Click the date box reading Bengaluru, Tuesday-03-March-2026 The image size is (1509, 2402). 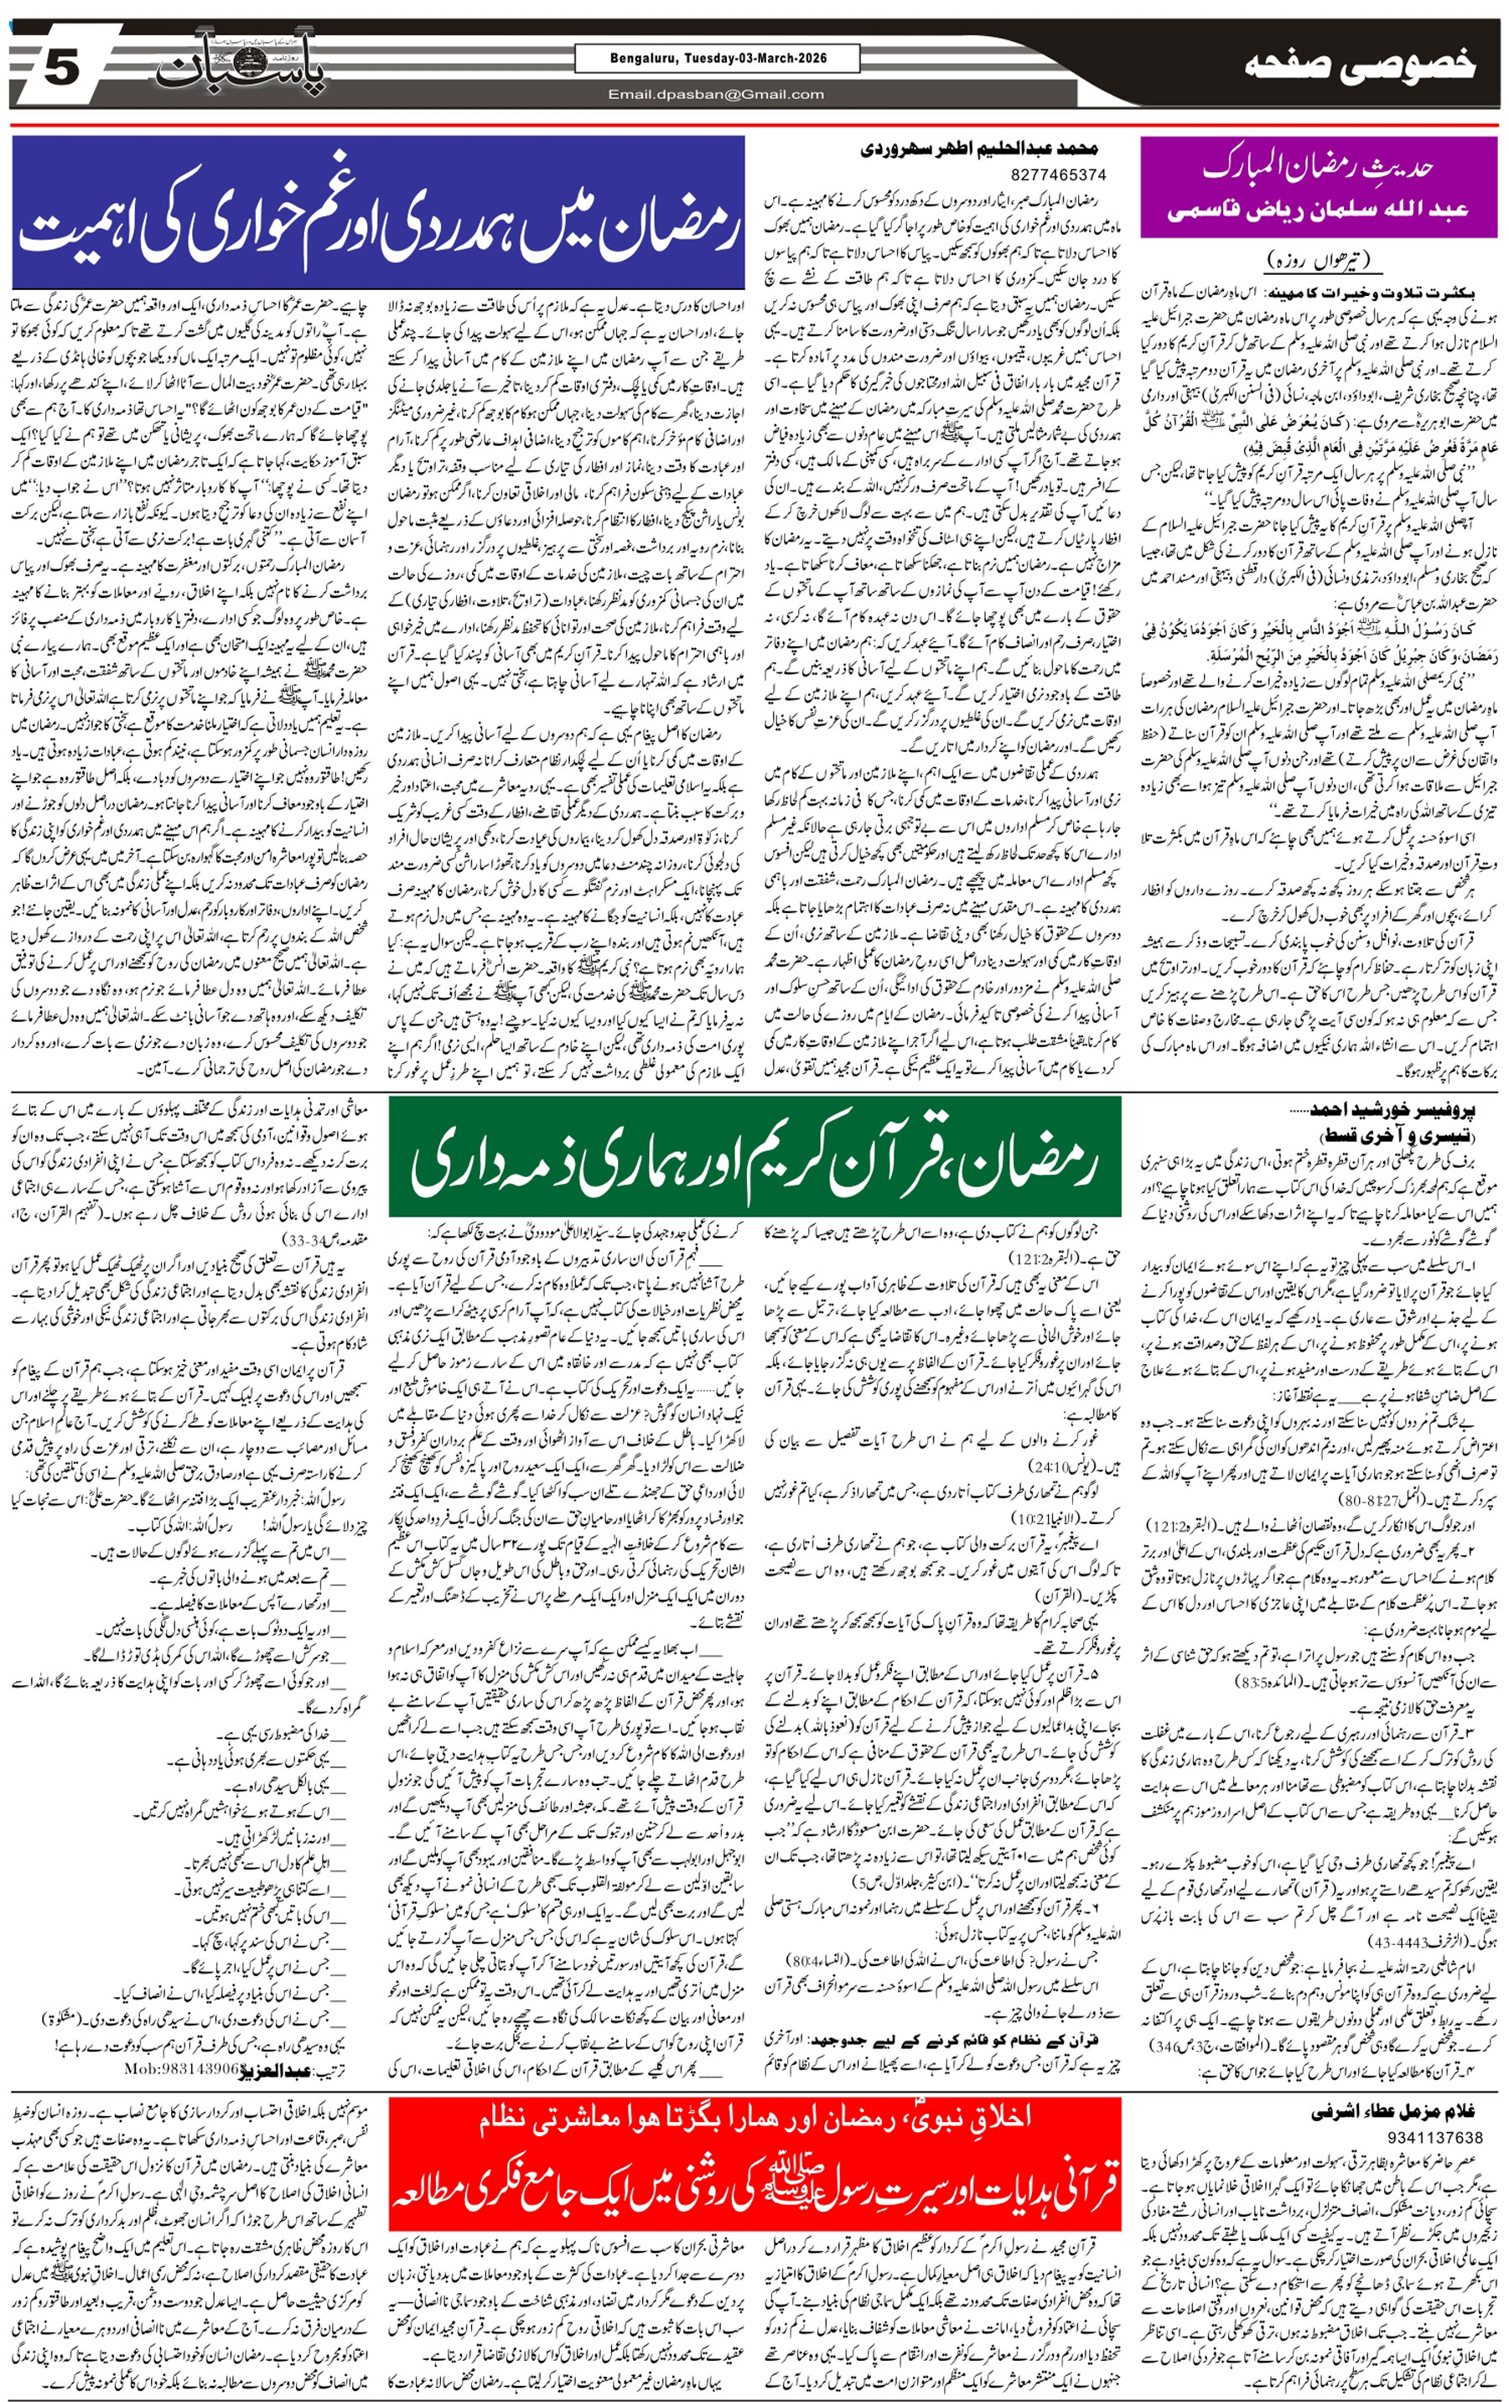pos(717,59)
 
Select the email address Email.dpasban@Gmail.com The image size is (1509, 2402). pos(717,95)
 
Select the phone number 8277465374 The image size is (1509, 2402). pos(1058,174)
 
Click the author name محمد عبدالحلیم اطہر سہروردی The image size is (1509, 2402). pos(979,148)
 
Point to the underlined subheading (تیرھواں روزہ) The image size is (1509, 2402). pos(1323,262)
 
